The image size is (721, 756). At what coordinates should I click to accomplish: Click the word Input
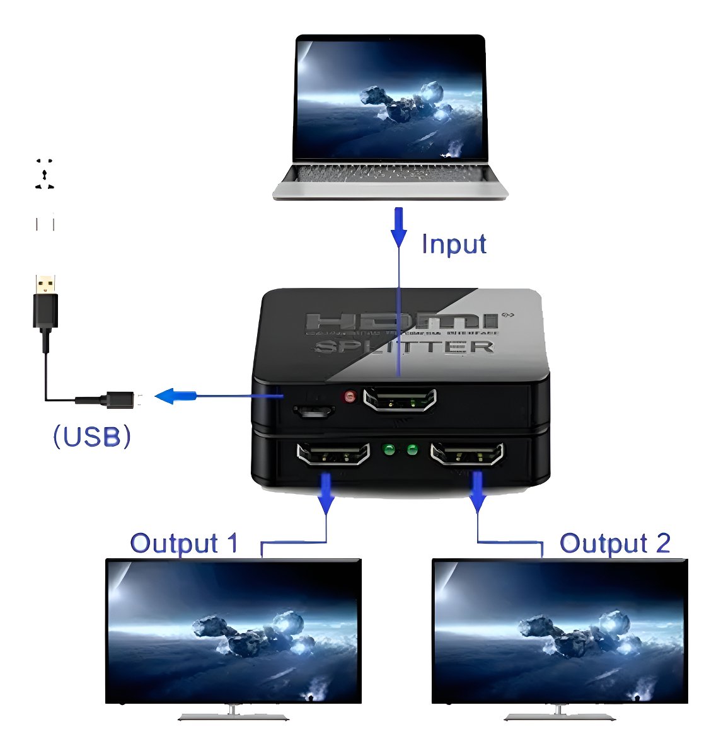point(454,244)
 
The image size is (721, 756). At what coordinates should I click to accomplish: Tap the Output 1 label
point(184,543)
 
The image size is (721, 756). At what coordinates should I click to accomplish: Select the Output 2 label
point(614,543)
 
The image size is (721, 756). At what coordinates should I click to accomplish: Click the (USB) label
point(92,436)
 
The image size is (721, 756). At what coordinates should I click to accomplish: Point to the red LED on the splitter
point(349,398)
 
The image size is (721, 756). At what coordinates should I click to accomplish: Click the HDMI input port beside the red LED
point(400,400)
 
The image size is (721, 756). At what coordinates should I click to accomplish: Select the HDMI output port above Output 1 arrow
point(333,454)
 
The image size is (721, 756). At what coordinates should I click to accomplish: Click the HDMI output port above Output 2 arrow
point(467,454)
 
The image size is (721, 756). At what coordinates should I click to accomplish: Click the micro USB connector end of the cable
point(120,399)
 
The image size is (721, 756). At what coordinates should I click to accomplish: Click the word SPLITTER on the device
point(404,347)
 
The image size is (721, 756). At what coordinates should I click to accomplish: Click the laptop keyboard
point(389,174)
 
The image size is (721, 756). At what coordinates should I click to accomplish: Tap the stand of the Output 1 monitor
point(233,714)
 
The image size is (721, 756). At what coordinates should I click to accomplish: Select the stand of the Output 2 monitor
point(559,714)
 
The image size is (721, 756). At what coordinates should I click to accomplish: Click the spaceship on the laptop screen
point(403,105)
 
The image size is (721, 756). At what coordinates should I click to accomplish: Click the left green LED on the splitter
point(389,450)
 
